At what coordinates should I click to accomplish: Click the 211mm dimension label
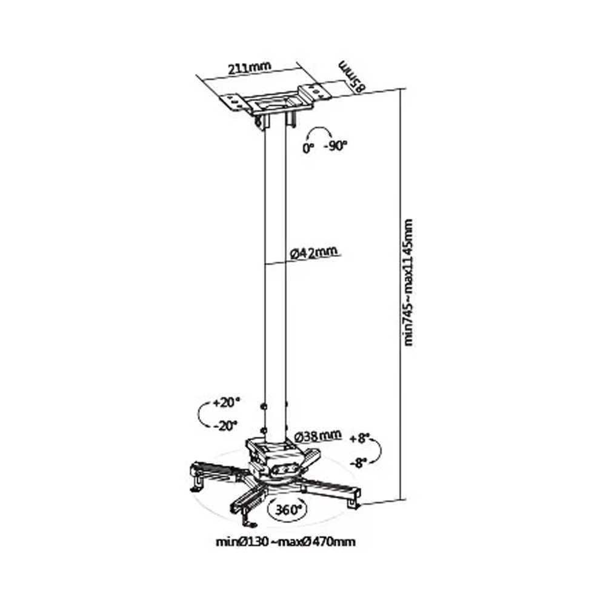click(249, 68)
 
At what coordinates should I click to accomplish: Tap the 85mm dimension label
click(352, 76)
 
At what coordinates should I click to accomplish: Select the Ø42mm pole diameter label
click(314, 252)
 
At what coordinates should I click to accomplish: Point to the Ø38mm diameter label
click(318, 436)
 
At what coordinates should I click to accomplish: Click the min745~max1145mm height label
click(408, 282)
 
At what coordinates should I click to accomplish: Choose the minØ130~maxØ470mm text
click(285, 541)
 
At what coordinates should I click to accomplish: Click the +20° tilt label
click(227, 403)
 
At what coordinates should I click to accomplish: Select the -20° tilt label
click(225, 426)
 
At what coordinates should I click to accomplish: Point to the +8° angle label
click(359, 439)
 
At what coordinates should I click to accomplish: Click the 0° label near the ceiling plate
click(308, 148)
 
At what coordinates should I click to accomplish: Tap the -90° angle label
click(336, 146)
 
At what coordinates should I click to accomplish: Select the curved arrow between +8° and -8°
click(381, 450)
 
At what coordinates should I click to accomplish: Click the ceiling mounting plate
click(278, 100)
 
